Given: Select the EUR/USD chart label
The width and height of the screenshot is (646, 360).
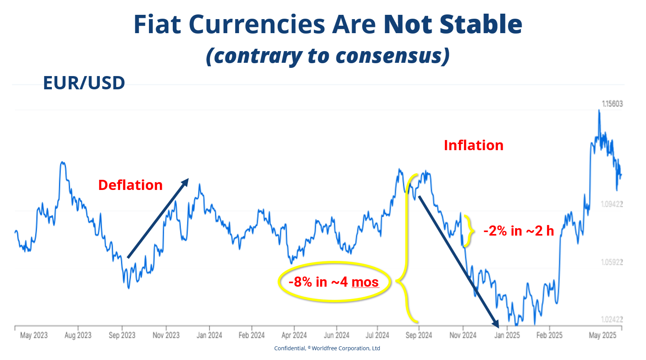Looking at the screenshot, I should coord(84,83).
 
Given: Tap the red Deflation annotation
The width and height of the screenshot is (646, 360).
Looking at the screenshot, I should coord(130,185).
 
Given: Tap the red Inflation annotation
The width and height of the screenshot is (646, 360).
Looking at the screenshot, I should coord(473,145).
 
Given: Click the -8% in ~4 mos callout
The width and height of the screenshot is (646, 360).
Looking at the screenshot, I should coord(334,282).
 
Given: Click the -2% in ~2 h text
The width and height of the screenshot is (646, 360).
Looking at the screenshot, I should coord(518,231).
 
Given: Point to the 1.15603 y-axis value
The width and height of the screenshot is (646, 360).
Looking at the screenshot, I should coord(612,104).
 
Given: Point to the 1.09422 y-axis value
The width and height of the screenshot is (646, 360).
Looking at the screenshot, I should coord(611,204).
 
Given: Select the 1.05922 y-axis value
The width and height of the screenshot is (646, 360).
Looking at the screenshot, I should coord(611,262).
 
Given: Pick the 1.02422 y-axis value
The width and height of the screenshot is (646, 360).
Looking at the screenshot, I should coord(611,319).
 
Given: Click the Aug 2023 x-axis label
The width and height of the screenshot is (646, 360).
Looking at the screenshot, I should coord(78,335).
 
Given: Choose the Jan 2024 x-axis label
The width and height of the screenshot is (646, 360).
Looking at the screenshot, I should coord(209,335).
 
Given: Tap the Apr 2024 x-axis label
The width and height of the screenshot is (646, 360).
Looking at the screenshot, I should coord(294,335).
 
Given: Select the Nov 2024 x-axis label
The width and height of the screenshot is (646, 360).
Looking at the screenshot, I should coord(463,335).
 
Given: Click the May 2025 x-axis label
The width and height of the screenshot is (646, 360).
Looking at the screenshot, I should coord(602,335).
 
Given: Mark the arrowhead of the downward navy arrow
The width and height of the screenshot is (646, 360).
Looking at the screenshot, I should coord(496,324).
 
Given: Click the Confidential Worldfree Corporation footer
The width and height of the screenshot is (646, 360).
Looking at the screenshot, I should coord(327,348).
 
